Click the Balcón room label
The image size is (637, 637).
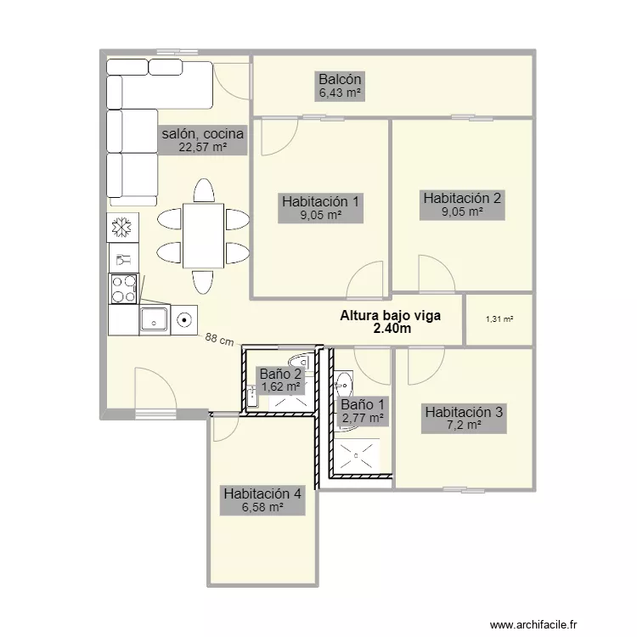340,79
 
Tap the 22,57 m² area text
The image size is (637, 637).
203,147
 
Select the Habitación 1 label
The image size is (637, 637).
320,201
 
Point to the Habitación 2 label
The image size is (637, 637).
462,198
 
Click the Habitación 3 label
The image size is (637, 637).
464,412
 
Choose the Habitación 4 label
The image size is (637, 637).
262,493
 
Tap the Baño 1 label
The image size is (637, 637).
363,404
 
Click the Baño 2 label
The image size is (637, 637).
281,374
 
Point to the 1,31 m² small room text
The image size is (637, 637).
499,319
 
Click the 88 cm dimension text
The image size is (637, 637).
219,340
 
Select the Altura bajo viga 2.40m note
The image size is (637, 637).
391,322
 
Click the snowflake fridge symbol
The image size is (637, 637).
122,227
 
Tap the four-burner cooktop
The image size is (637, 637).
124,289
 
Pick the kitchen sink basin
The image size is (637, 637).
154,319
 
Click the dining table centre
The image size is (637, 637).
203,235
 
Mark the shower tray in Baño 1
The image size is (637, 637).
357,456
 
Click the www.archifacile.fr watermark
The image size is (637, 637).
533,624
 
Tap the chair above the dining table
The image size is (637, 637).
204,190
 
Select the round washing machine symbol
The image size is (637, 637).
184,320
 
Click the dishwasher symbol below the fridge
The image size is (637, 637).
123,258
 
